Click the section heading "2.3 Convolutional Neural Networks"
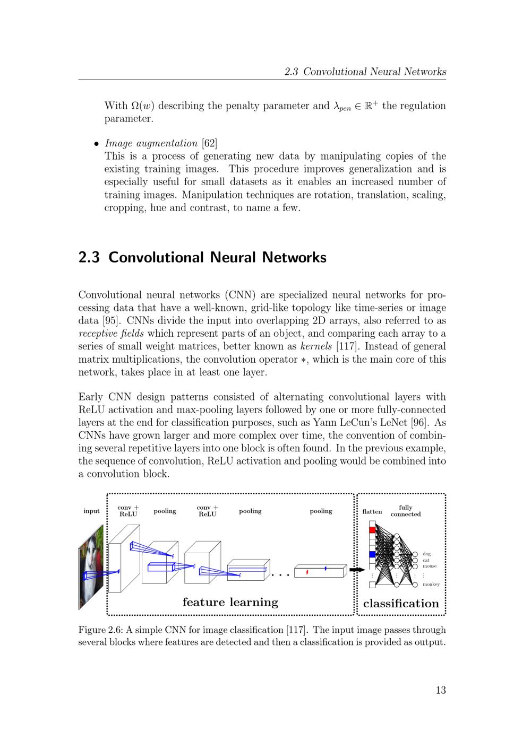click(202, 257)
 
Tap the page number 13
click(440, 690)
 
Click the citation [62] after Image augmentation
click(209, 143)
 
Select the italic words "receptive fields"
click(111, 334)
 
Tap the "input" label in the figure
click(91, 511)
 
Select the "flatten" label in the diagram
click(372, 512)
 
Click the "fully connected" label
click(405, 511)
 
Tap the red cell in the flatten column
click(372, 529)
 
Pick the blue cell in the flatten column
click(372, 554)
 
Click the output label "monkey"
click(431, 585)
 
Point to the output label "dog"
click(426, 554)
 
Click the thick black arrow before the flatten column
click(356, 570)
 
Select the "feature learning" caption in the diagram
click(230, 602)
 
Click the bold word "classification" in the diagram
click(401, 604)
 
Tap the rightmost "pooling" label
click(321, 511)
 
